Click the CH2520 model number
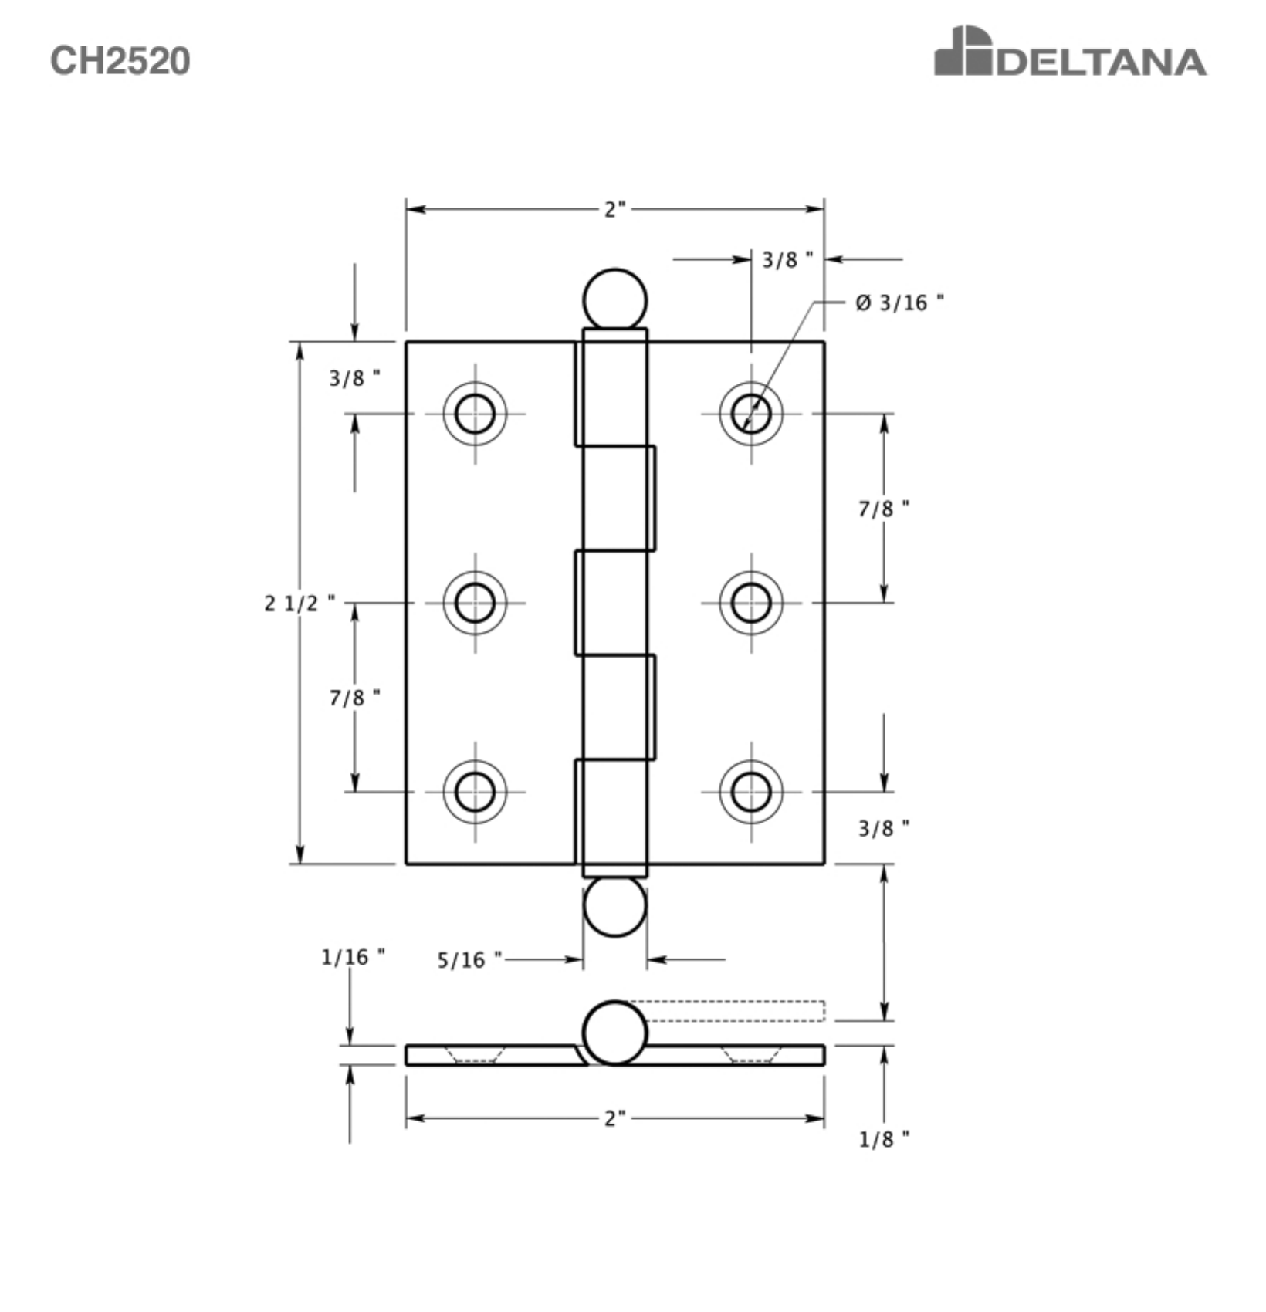120,60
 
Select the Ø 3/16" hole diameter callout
899,303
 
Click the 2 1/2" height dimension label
300,603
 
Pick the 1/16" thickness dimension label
353,957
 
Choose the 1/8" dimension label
884,1139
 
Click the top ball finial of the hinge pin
614,300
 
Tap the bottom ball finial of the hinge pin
614,906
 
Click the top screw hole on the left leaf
475,414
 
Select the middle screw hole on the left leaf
475,603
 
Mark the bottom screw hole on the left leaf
475,792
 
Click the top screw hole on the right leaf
751,414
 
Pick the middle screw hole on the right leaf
751,603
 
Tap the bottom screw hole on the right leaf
751,792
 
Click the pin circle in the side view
614,1033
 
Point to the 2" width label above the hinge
614,209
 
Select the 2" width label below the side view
614,1118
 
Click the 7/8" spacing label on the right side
884,509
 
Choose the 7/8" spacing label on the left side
354,698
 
